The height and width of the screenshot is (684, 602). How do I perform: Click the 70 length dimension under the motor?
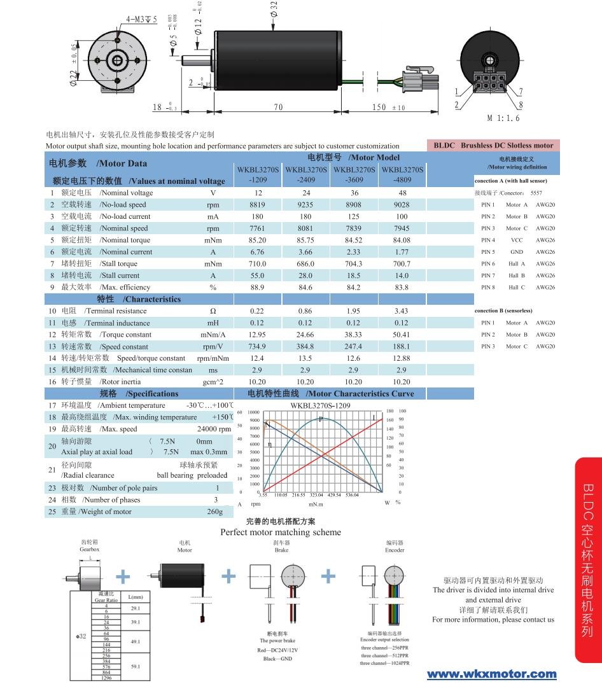[x=278, y=107]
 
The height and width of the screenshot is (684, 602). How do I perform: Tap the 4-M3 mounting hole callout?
[x=141, y=19]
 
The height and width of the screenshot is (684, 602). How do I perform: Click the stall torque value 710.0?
[x=258, y=263]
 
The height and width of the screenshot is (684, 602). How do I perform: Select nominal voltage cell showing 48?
[x=402, y=193]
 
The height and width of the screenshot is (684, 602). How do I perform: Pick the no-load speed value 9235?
[x=305, y=205]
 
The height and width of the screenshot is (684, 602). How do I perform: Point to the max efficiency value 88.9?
[x=258, y=288]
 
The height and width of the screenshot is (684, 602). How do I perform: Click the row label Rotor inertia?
[x=120, y=382]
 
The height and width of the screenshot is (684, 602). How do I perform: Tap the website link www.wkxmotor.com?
[x=491, y=674]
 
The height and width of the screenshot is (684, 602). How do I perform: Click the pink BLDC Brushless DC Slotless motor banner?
[x=493, y=145]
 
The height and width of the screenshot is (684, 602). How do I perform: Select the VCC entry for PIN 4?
[x=517, y=241]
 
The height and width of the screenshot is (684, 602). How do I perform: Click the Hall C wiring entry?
[x=517, y=288]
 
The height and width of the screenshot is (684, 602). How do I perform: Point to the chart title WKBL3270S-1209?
[x=321, y=405]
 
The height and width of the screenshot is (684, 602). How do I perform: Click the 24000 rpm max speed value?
[x=214, y=429]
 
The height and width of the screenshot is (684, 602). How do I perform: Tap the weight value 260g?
[x=215, y=512]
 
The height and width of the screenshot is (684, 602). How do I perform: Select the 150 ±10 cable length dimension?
[x=388, y=107]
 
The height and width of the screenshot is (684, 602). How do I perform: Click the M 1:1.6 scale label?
[x=503, y=118]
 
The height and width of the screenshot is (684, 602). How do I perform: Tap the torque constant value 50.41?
[x=402, y=335]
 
